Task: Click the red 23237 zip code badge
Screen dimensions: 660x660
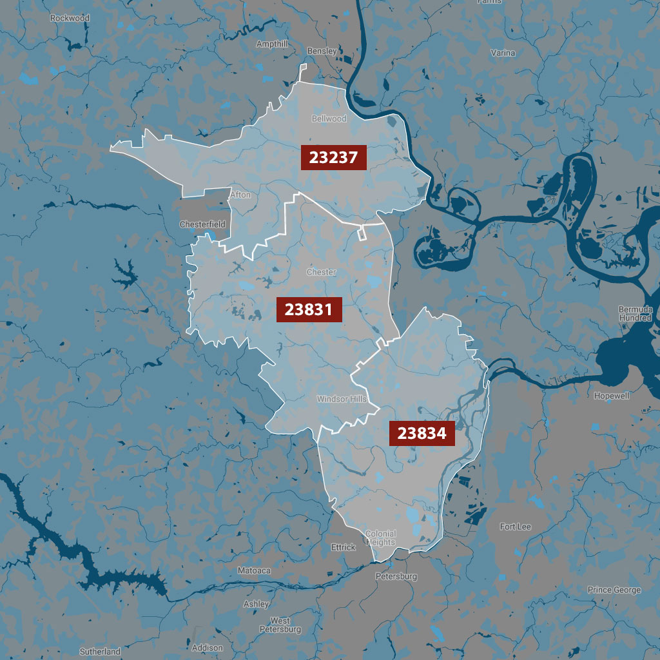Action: coord(333,157)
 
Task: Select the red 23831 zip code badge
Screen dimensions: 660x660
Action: coord(309,309)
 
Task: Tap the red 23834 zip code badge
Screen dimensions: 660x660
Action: coord(422,434)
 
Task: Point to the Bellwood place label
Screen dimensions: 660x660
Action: coord(329,119)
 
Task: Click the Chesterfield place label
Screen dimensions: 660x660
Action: coord(202,224)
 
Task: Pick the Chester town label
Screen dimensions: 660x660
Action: coord(321,272)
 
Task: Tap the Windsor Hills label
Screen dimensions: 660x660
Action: coord(341,400)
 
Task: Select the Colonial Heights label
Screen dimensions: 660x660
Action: coord(380,538)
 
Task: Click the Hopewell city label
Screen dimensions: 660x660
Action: coord(612,396)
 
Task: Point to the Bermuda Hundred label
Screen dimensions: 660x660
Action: coord(636,314)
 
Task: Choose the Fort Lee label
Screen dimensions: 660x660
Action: coord(516,527)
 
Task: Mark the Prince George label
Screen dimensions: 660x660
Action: coord(614,590)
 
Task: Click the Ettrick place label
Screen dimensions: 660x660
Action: coord(343,547)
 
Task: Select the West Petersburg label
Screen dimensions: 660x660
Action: coord(280,625)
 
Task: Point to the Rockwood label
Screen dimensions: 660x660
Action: coord(70,18)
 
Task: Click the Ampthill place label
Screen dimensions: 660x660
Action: coord(272,44)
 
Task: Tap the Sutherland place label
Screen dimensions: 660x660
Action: coord(100,652)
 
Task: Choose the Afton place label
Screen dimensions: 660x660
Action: coord(240,194)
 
